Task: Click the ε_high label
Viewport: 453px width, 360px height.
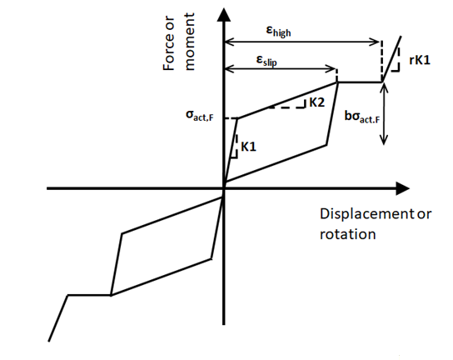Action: click(278, 31)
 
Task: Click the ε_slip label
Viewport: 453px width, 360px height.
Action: click(266, 61)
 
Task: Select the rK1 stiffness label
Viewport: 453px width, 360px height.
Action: click(420, 60)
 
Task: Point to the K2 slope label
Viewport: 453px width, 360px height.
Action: click(317, 102)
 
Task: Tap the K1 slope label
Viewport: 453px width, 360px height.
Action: click(248, 147)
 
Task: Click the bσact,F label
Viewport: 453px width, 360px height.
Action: click(361, 117)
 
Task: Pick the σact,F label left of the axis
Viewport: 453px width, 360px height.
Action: click(200, 115)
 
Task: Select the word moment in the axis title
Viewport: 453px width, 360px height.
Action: click(190, 42)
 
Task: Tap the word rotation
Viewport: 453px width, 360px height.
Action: click(347, 234)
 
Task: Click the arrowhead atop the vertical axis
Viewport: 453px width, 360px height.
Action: click(224, 14)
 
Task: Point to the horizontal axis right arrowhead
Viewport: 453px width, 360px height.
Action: click(402, 188)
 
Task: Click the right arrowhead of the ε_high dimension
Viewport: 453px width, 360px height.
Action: click(376, 42)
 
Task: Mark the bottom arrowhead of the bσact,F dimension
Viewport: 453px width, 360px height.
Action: click(383, 141)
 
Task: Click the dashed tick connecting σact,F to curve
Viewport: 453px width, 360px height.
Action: click(231, 118)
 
